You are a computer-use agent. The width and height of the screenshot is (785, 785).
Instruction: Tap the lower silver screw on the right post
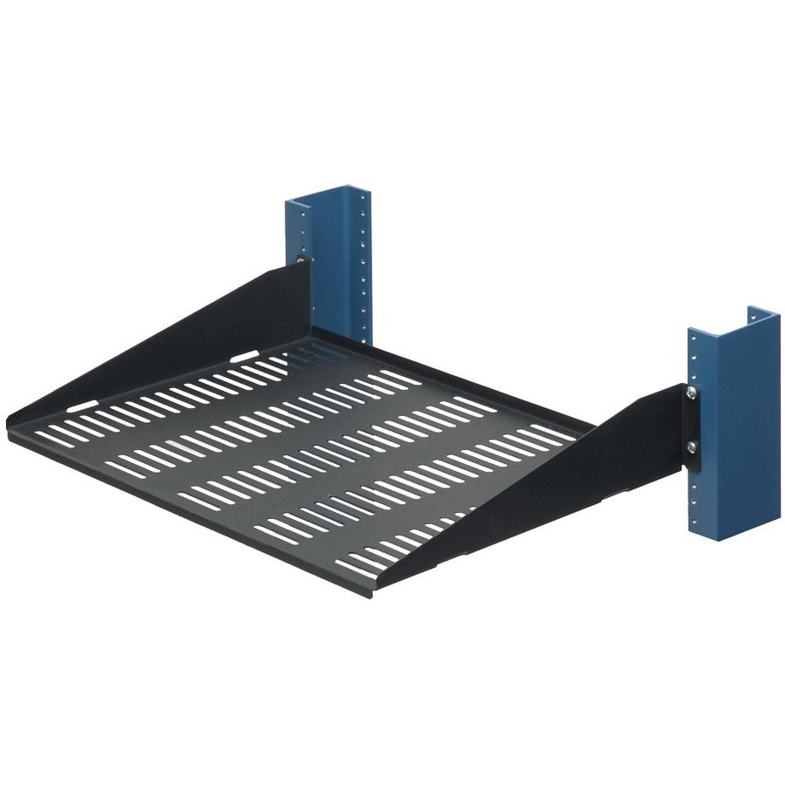coord(691,447)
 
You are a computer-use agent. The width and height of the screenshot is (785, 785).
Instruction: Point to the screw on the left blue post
coord(302,259)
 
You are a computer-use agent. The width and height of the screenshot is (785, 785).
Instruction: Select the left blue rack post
coord(330,262)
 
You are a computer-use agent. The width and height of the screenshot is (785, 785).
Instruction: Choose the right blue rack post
coord(733,427)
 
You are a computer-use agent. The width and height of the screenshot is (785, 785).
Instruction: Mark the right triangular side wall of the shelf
coord(558,488)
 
